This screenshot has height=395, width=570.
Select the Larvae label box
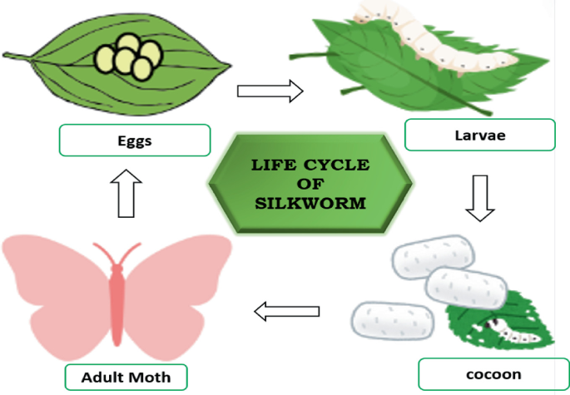click(479, 134)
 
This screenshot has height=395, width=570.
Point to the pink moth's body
click(116, 295)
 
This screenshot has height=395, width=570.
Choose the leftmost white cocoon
click(390, 321)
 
